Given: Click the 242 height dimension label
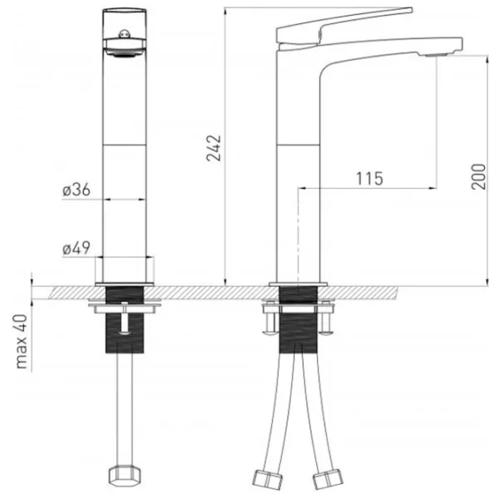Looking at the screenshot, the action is click(x=214, y=148).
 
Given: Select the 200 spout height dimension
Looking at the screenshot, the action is click(x=479, y=176).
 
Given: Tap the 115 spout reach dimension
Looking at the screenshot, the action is click(x=369, y=179).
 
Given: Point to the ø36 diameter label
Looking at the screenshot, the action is click(x=77, y=190).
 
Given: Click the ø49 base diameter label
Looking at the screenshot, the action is click(x=77, y=248).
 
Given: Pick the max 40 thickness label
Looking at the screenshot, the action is click(x=22, y=342).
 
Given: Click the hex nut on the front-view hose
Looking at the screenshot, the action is click(x=125, y=476).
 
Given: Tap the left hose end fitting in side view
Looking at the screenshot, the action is click(x=267, y=480).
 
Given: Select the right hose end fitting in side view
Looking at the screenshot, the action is click(x=329, y=480).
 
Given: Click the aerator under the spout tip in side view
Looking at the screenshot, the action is click(x=437, y=56).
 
